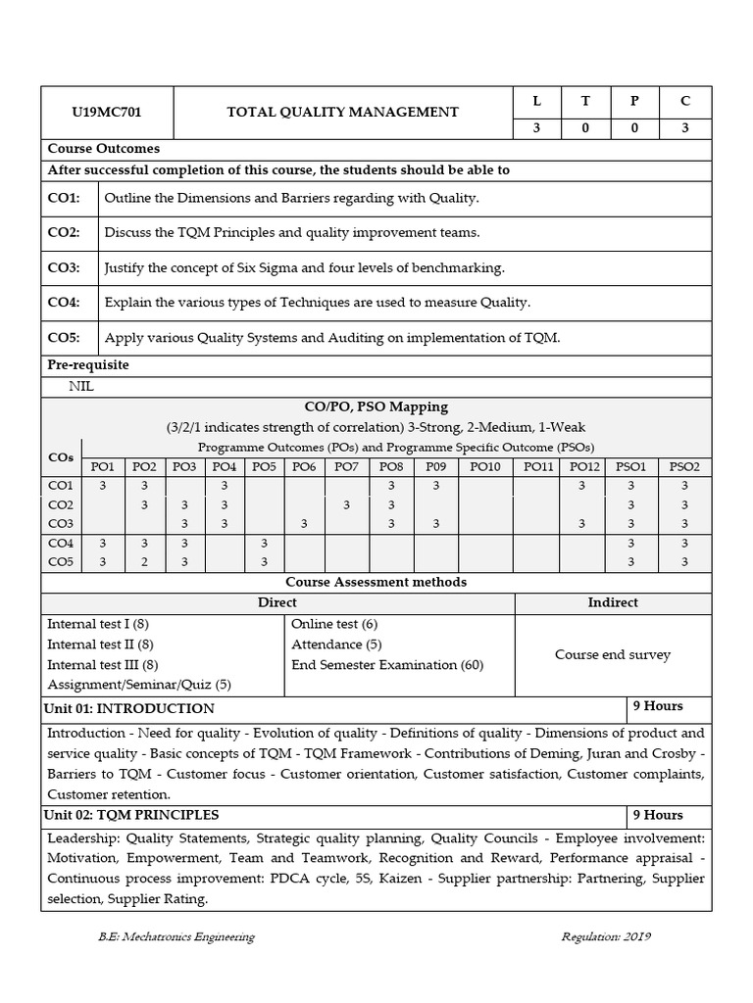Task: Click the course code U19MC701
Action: [106, 113]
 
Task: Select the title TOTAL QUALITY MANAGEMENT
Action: [342, 113]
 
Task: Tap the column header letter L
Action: [536, 101]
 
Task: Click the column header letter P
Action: [634, 101]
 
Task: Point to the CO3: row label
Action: [64, 267]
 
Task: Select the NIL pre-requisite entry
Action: [82, 386]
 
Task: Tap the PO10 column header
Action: [484, 467]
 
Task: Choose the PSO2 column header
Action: [683, 467]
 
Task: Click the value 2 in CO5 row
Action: [144, 562]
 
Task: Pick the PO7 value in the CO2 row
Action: [346, 505]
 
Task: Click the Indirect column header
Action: [613, 602]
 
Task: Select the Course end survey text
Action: [613, 654]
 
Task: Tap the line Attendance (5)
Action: [336, 645]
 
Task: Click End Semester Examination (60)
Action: [387, 665]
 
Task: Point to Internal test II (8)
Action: [100, 645]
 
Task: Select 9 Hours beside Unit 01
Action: [657, 706]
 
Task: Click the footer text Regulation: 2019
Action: [606, 936]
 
